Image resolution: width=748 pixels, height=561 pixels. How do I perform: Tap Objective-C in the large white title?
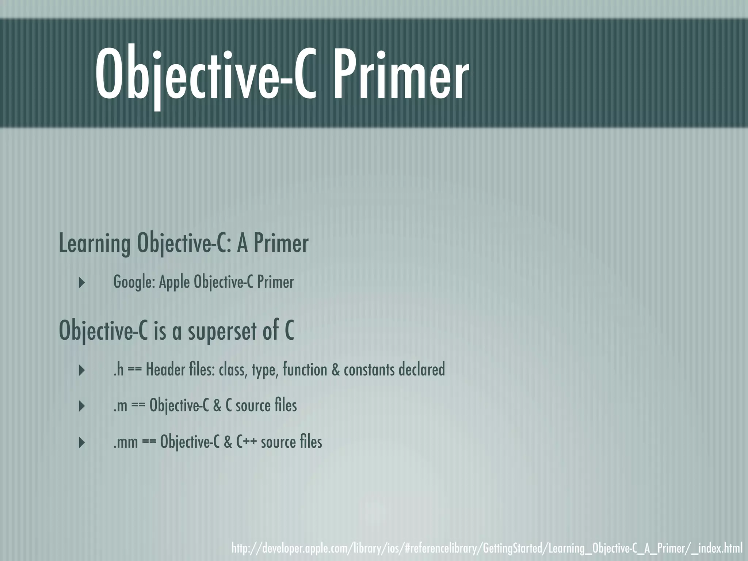205,75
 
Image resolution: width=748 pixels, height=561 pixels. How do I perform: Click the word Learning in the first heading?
95,244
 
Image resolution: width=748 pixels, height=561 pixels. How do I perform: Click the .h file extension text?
118,370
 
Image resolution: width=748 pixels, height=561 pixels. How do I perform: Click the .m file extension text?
120,406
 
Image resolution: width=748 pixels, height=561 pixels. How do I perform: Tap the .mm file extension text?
126,442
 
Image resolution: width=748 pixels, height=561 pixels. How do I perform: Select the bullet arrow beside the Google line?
82,282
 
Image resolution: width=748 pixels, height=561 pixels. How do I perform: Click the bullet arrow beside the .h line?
82,370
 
